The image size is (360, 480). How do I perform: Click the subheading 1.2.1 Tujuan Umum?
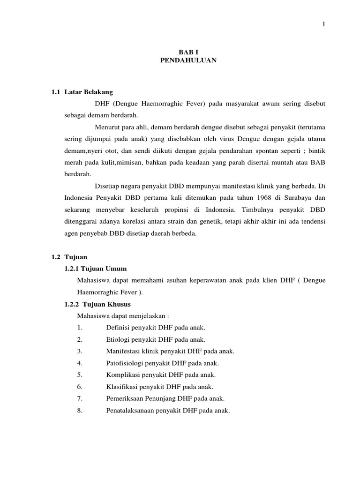[95, 269]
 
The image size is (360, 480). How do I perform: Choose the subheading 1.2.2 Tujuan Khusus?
[97, 304]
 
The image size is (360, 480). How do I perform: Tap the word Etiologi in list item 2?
[119, 339]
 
